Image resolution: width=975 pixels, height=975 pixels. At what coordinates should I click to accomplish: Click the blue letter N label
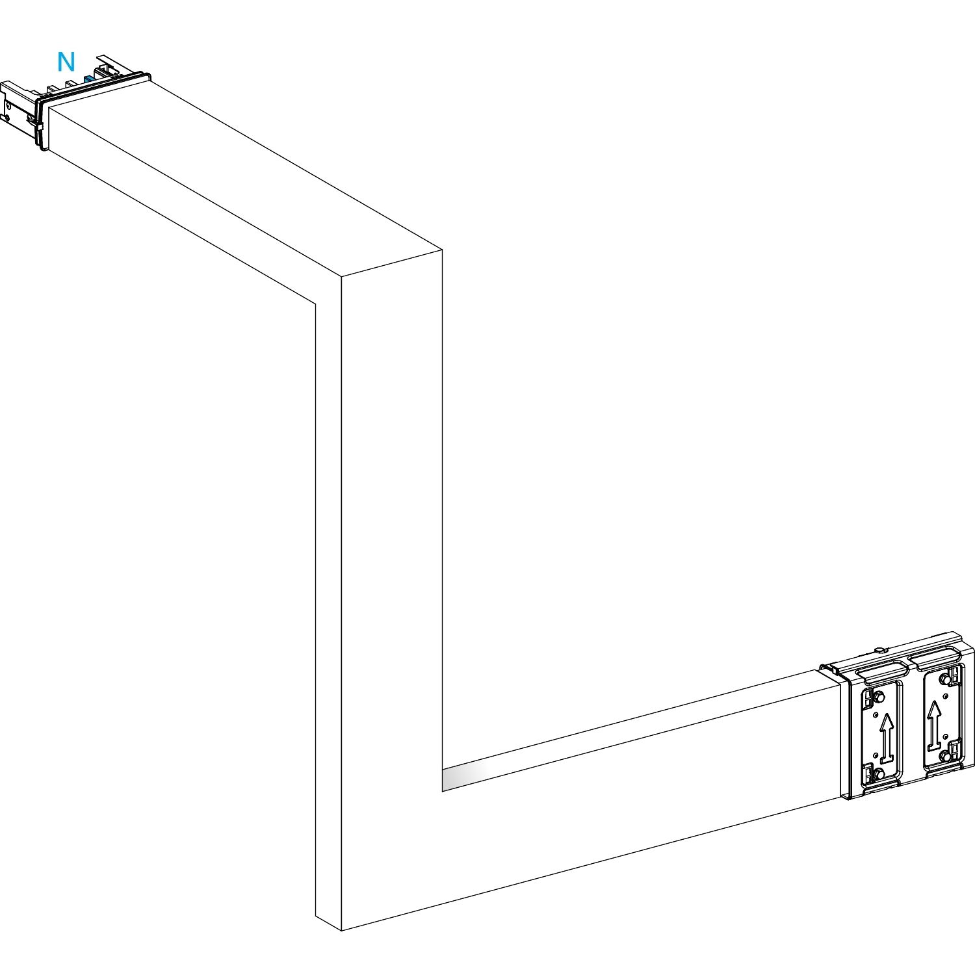[66, 62]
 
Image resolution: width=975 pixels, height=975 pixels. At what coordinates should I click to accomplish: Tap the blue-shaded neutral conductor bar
[89, 79]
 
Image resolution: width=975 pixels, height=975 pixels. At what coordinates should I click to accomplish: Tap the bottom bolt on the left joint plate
[878, 773]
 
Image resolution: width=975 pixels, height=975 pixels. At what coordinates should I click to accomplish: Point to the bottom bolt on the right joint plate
[944, 755]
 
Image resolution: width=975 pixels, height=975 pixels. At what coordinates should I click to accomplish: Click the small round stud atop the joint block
[879, 649]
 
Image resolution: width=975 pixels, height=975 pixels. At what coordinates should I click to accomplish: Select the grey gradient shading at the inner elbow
[463, 777]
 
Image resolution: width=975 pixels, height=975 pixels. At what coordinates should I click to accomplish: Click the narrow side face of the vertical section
[328, 611]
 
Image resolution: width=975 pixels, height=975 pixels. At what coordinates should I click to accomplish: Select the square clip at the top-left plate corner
[868, 701]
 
